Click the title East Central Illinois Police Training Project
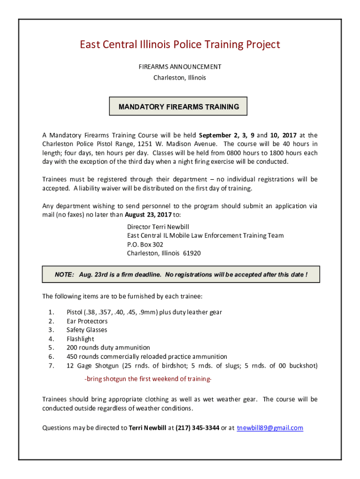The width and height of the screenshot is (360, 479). pyautogui.click(x=180, y=44)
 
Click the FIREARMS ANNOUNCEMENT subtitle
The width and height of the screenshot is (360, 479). pyautogui.click(x=180, y=67)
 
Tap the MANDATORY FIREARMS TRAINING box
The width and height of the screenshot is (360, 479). pyautogui.click(x=179, y=107)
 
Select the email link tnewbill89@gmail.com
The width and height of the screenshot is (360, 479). pyautogui.click(x=270, y=428)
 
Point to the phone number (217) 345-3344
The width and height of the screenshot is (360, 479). pyautogui.click(x=197, y=428)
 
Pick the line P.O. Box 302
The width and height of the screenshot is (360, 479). pyautogui.click(x=145, y=244)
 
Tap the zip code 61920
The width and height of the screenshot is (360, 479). pyautogui.click(x=192, y=253)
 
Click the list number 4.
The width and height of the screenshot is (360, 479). pyautogui.click(x=51, y=339)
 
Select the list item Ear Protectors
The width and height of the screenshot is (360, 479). pyautogui.click(x=87, y=321)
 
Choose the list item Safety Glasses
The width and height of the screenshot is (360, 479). pyautogui.click(x=86, y=330)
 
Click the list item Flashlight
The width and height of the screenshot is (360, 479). pyautogui.click(x=80, y=339)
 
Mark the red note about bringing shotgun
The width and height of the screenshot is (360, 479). pyautogui.click(x=148, y=378)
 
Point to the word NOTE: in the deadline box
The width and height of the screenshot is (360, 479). pyautogui.click(x=65, y=275)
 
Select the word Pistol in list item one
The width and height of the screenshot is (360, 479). pyautogui.click(x=74, y=312)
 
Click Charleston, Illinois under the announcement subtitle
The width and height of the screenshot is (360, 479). pyautogui.click(x=180, y=78)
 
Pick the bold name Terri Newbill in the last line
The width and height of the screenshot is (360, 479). pyautogui.click(x=147, y=428)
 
